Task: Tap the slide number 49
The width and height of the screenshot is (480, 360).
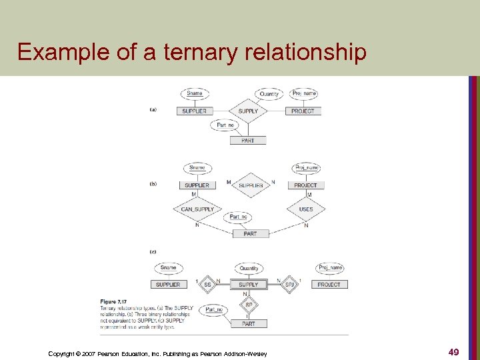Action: click(x=453, y=352)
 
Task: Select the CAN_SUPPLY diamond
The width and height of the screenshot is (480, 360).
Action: click(x=197, y=209)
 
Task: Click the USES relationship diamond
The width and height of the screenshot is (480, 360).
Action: click(x=306, y=209)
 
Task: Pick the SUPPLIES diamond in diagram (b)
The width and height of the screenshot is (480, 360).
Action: click(x=251, y=185)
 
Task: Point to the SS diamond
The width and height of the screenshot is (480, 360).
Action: click(x=207, y=285)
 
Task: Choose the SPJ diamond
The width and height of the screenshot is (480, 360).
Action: click(x=289, y=285)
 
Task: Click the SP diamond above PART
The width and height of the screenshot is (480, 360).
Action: click(x=249, y=305)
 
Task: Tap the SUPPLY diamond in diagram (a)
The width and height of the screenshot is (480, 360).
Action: click(x=248, y=111)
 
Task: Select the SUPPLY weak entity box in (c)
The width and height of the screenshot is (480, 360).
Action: click(x=249, y=285)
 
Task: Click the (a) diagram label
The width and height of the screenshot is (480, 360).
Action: click(x=153, y=109)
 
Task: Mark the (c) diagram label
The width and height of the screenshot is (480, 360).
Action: click(x=153, y=251)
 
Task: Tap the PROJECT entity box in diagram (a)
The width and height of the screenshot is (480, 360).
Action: click(x=303, y=111)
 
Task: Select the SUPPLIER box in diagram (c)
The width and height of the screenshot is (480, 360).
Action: click(x=168, y=285)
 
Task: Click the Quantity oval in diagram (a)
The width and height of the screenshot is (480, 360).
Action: click(x=269, y=94)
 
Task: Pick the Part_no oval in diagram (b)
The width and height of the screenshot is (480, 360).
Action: click(x=239, y=217)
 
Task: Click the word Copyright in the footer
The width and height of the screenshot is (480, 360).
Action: click(x=61, y=353)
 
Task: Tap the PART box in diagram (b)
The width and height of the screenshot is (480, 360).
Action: click(x=250, y=234)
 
